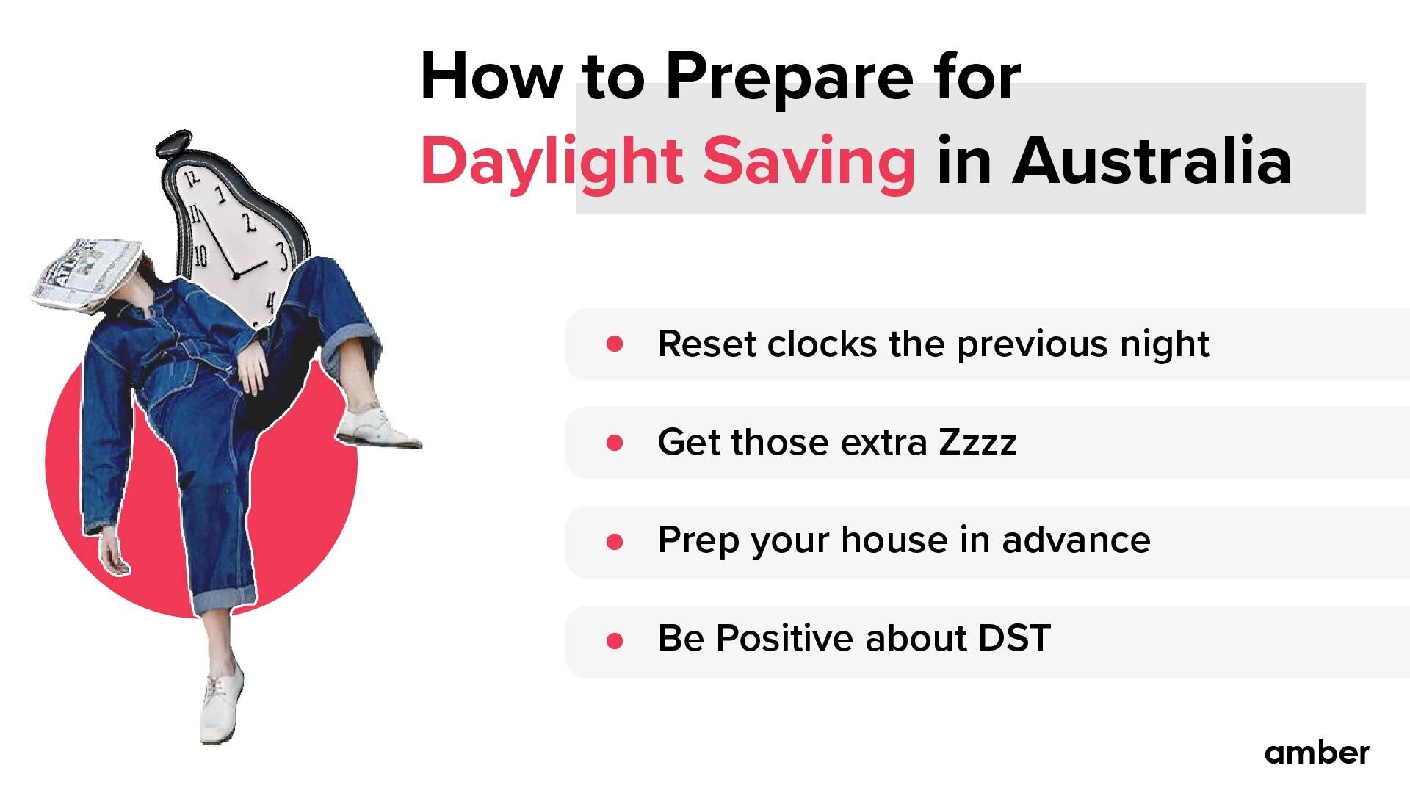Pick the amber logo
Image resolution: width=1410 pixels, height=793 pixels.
coord(1317,753)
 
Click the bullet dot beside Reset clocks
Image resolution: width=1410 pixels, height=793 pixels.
coord(615,344)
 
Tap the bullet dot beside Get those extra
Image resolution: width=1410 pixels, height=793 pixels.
coord(615,443)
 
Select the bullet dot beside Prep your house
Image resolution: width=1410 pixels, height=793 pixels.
coord(615,542)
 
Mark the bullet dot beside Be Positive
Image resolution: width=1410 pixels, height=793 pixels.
coord(615,641)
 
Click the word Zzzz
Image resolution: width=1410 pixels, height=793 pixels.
coord(977,442)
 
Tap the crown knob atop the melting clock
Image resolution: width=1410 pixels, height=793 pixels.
coord(174,142)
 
